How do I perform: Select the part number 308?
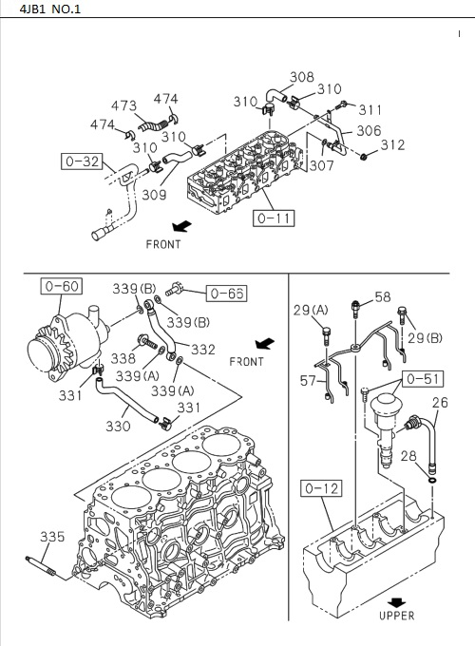[301, 77]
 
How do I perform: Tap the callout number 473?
[123, 105]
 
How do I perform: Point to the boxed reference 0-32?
[82, 161]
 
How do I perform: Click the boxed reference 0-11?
[274, 218]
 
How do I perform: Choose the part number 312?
[391, 145]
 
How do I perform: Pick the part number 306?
[369, 131]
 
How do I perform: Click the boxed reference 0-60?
[59, 285]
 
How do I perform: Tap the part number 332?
[203, 351]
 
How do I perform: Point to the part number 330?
[118, 427]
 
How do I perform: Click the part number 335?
[52, 537]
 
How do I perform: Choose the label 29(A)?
[310, 311]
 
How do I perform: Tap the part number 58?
[382, 297]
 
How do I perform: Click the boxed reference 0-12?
[322, 489]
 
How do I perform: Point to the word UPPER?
[396, 616]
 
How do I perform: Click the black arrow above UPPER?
[396, 600]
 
